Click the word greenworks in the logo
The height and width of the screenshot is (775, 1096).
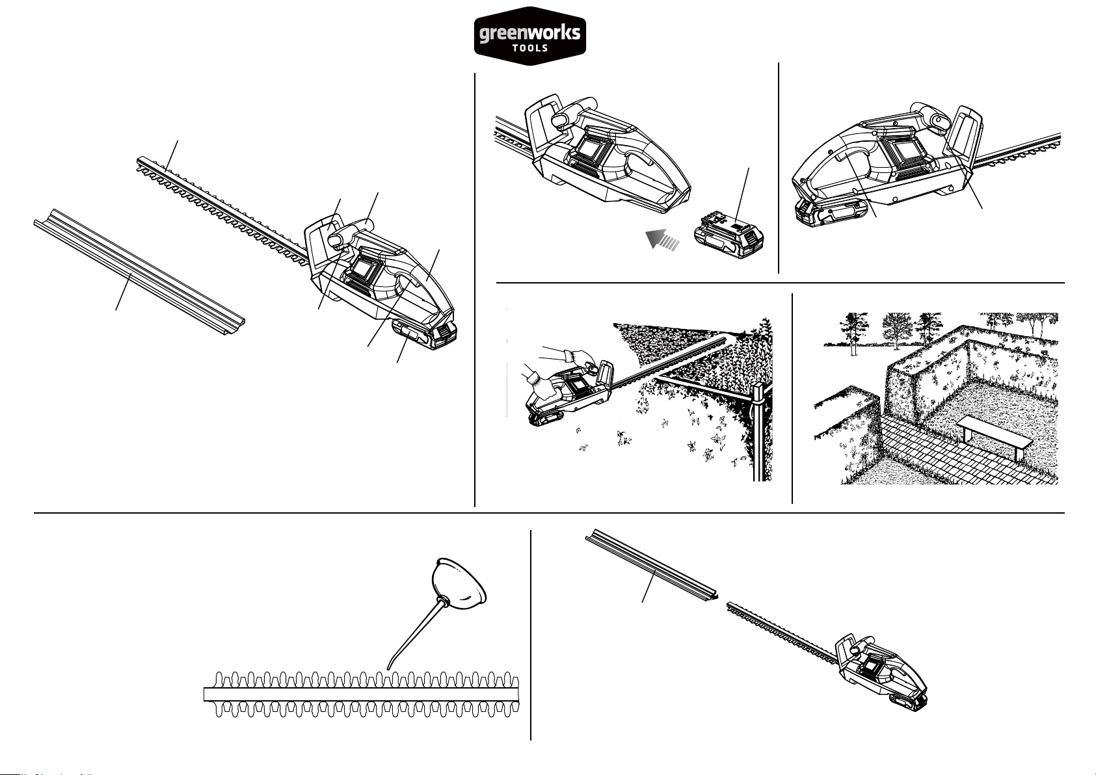[529, 33]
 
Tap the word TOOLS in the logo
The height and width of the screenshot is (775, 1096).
[530, 48]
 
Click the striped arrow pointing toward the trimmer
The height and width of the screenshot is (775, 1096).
[662, 240]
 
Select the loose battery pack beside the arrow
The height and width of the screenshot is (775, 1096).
[728, 235]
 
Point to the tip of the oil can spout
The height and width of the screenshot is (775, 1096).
[388, 668]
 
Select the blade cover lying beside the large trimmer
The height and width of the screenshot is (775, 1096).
[139, 272]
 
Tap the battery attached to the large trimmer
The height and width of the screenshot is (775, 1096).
[423, 335]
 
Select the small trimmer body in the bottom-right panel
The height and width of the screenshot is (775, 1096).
[881, 672]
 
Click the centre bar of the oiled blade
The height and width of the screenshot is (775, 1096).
[361, 694]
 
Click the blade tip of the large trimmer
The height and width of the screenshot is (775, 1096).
[139, 163]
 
